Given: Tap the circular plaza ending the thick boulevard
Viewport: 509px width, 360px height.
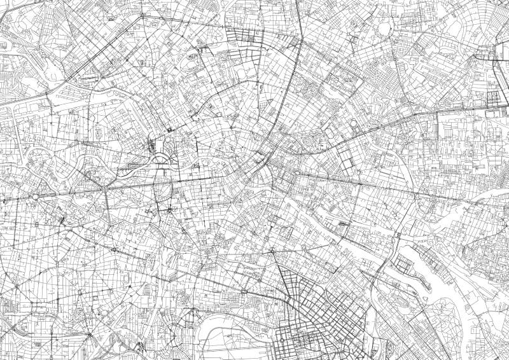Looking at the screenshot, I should (36, 197).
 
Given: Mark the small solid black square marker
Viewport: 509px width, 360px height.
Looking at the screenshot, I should (171, 129).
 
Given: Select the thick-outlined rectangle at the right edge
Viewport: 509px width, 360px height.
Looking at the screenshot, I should (494, 98).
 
